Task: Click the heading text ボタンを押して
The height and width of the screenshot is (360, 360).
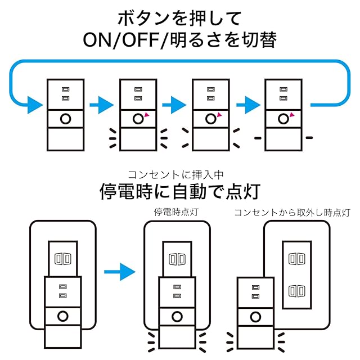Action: point(179,18)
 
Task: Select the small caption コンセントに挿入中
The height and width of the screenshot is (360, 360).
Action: point(180,175)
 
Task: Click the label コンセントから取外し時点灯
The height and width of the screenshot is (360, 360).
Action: point(292,213)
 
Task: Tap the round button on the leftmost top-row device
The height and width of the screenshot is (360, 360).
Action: point(65,119)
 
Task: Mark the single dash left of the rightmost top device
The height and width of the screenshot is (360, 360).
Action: point(258,137)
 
